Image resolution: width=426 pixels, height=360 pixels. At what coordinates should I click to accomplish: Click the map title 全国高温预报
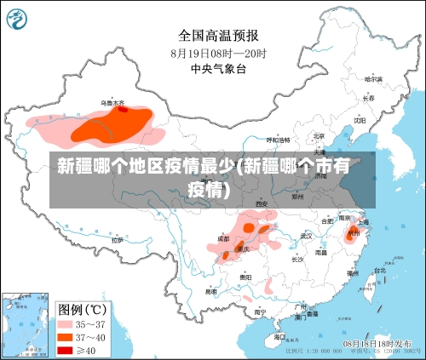pyautogui.click(x=218, y=35)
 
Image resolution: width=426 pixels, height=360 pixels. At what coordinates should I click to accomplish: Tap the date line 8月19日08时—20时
pyautogui.click(x=218, y=52)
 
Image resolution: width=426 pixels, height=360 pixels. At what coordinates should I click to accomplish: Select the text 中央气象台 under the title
pyautogui.click(x=218, y=68)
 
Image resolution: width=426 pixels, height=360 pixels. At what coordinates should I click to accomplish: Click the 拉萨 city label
pyautogui.click(x=117, y=240)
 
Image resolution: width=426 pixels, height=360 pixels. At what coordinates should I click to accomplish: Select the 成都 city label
pyautogui.click(x=223, y=239)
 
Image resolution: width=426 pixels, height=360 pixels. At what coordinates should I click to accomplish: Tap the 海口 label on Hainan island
pyautogui.click(x=279, y=337)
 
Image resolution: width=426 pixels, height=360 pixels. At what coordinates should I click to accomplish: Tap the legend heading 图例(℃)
pyautogui.click(x=82, y=308)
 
